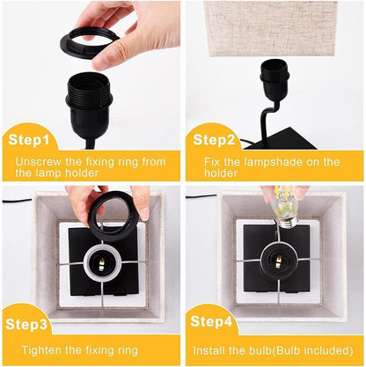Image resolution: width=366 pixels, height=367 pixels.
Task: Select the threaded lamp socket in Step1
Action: click(91, 98)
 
